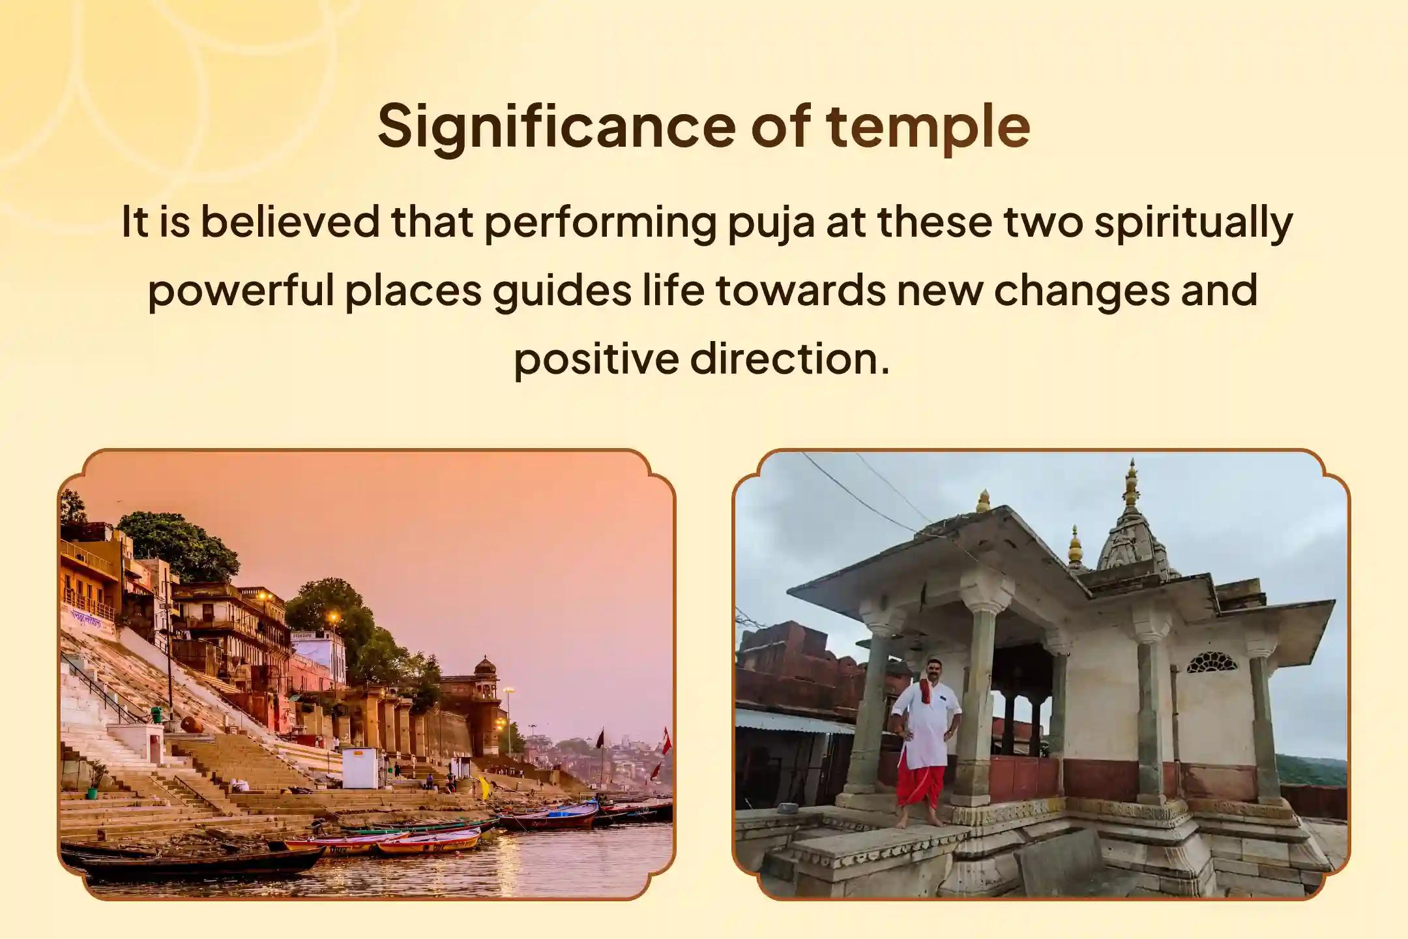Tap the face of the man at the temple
click(929, 670)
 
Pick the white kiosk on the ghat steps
click(359, 768)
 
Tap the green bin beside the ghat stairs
click(156, 715)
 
